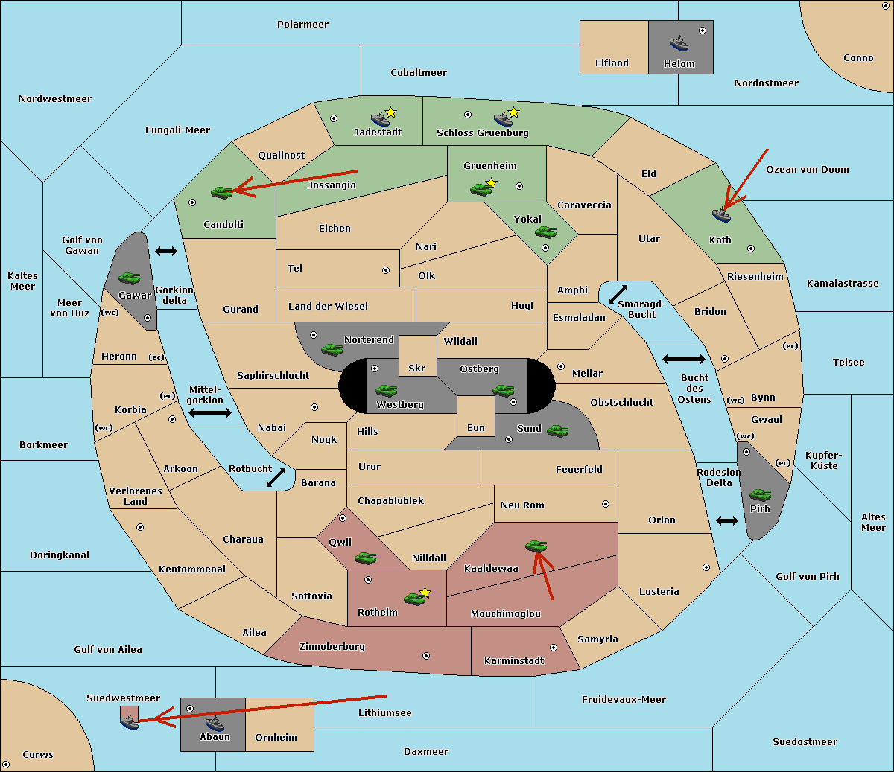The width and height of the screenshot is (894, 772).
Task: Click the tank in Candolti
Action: pos(221,192)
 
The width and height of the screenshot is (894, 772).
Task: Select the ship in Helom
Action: pos(679,43)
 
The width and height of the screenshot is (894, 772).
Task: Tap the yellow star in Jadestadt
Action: pos(390,112)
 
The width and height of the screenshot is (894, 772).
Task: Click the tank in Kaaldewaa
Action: pos(536,546)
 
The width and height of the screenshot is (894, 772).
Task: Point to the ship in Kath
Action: pos(720,215)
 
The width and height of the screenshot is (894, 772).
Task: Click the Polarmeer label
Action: pos(302,25)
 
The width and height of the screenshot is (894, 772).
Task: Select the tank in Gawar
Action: pos(129,278)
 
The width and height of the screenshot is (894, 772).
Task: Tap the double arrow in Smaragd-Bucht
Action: pos(618,294)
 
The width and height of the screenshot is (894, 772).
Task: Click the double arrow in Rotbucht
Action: pos(276,477)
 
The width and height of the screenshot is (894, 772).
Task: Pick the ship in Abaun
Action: pos(215,723)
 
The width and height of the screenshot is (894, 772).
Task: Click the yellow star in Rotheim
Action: pos(425,593)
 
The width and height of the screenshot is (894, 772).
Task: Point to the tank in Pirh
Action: pos(760,494)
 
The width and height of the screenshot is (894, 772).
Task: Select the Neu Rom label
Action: pos(522,505)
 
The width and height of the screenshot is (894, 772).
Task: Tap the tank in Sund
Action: pos(557,430)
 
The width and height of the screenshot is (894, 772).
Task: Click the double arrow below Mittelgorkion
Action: pos(210,413)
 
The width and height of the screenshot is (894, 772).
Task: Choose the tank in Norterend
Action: pos(332,349)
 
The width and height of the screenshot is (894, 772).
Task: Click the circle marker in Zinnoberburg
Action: pos(426,656)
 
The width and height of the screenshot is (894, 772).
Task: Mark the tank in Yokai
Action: pos(545,232)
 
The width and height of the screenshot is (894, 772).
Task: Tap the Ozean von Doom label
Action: pos(808,170)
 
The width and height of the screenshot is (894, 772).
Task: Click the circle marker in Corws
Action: pos(6,765)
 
